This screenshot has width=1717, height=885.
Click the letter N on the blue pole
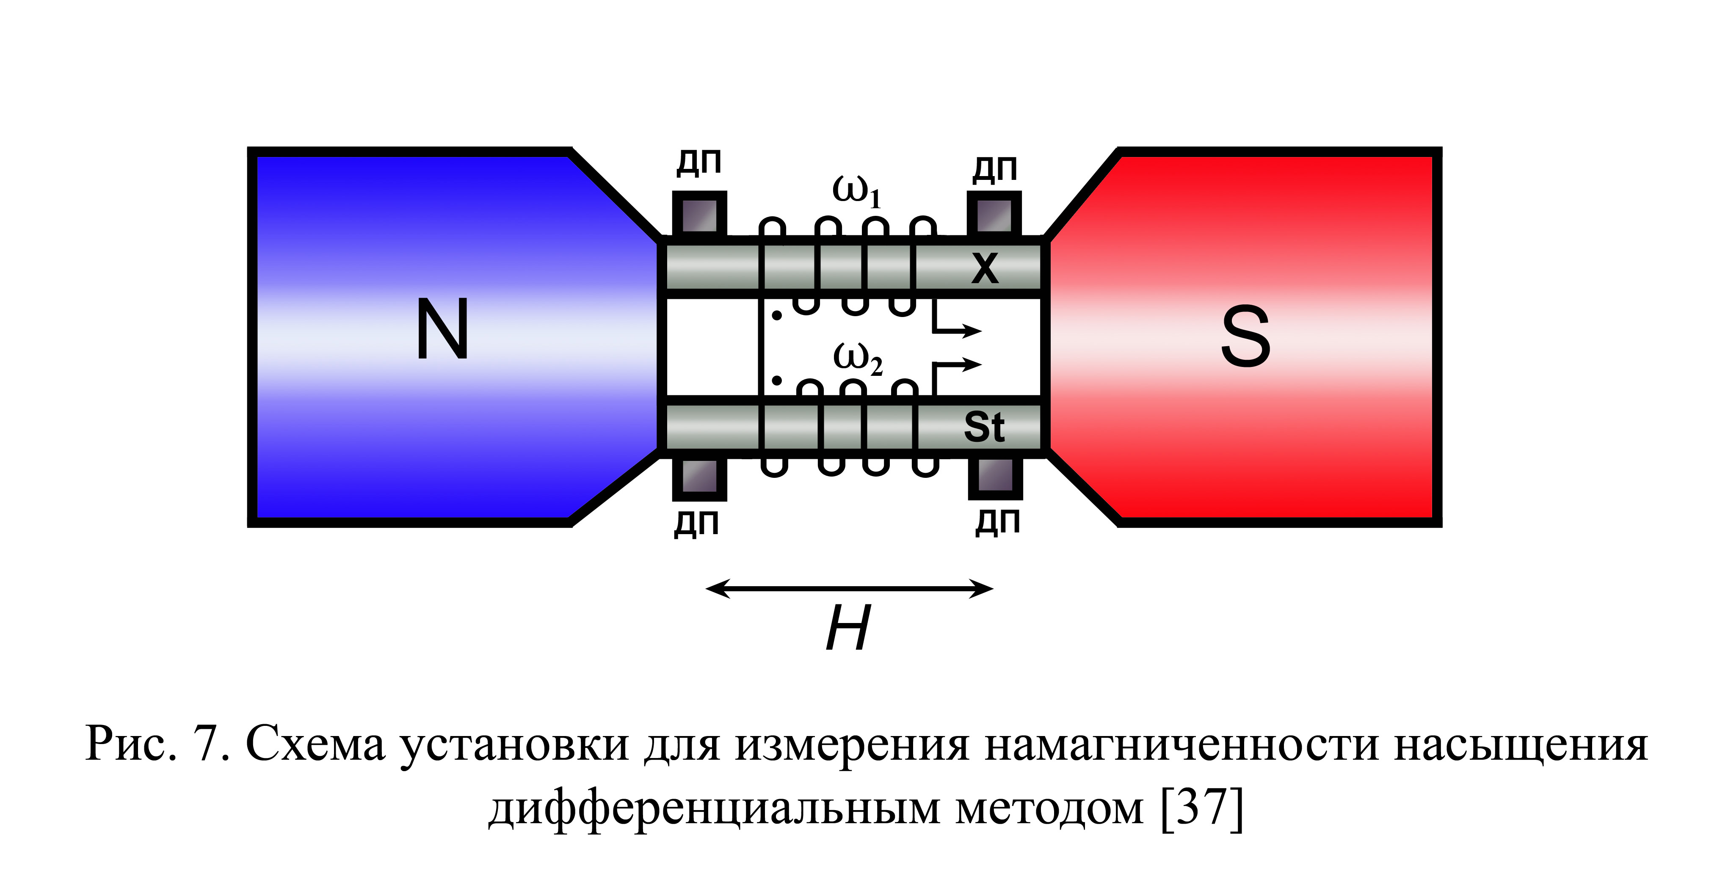click(x=442, y=328)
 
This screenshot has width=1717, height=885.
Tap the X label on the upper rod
click(x=985, y=269)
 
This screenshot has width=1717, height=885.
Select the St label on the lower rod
click(x=984, y=427)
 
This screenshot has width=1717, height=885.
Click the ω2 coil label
click(x=858, y=359)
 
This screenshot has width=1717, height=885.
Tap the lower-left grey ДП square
click(x=699, y=477)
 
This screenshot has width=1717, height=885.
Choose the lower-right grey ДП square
click(x=995, y=477)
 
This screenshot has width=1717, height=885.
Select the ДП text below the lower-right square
click(x=998, y=522)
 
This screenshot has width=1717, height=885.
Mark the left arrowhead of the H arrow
click(x=717, y=588)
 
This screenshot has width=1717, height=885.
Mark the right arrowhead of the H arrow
click(x=981, y=588)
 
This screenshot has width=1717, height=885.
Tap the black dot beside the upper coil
click(x=776, y=315)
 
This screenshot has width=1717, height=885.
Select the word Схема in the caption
click(x=315, y=744)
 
